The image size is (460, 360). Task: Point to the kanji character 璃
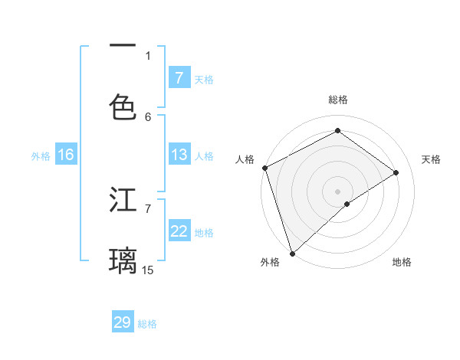pos(123,260)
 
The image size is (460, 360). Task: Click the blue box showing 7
pos(179,77)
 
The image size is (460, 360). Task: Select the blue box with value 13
pos(179,155)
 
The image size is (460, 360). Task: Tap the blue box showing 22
pos(179,231)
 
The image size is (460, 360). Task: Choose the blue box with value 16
pos(66,155)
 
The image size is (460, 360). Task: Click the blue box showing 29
pos(123,322)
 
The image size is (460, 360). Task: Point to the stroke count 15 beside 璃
pos(148,270)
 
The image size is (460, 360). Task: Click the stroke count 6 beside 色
pos(148,116)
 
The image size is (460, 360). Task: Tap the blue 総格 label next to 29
pos(147,324)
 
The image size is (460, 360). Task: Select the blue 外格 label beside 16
pos(41,156)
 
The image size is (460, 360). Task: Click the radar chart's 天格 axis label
pos(431,159)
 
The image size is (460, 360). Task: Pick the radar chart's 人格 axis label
pos(245,159)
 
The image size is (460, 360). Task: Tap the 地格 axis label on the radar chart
pos(402,262)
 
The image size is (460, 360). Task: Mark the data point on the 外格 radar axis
pos(292,253)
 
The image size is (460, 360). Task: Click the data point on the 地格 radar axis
pos(347,204)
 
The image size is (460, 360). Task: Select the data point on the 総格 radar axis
pos(337,131)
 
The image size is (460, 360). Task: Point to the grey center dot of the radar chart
pos(337,191)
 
